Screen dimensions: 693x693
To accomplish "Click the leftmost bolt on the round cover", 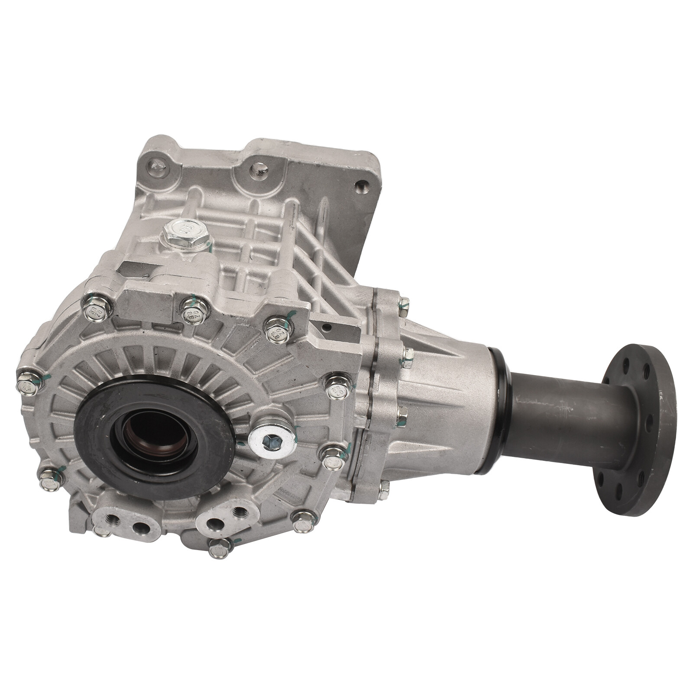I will tap(25, 383).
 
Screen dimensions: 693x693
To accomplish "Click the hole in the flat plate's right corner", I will tap(359, 187).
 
